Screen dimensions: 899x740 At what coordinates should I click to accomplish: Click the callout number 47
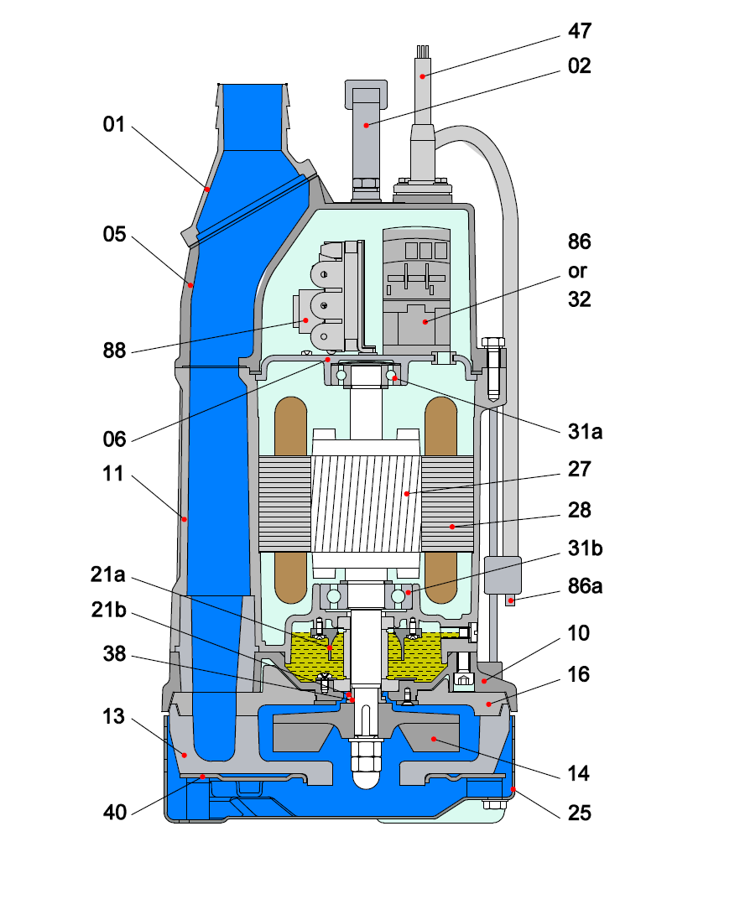pyautogui.click(x=579, y=32)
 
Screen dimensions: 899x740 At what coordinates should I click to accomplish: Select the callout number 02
pyautogui.click(x=579, y=65)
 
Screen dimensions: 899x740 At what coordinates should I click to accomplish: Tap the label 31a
pyautogui.click(x=585, y=432)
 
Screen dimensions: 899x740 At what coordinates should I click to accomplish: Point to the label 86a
pyautogui.click(x=585, y=586)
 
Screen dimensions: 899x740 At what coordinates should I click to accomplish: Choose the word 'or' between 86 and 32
pyautogui.click(x=578, y=271)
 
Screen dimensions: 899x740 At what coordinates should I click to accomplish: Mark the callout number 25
pyautogui.click(x=579, y=813)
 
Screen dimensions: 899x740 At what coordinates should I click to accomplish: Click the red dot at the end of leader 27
pyautogui.click(x=406, y=494)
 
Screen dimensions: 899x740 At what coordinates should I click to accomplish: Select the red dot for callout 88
pyautogui.click(x=307, y=320)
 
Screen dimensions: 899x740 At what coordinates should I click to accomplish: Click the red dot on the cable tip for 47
pyautogui.click(x=424, y=76)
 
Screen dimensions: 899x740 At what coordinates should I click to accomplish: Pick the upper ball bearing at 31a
pyautogui.click(x=393, y=378)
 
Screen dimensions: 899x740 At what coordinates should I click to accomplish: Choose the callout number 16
pyautogui.click(x=579, y=674)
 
